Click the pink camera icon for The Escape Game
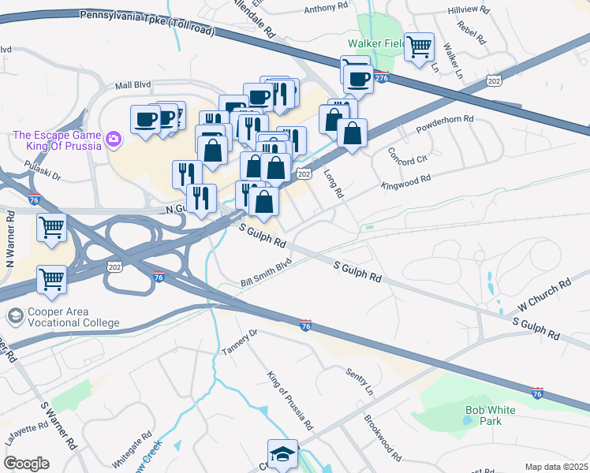tap(114, 140)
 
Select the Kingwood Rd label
tap(405, 179)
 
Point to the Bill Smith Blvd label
tap(267, 273)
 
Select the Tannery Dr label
tap(240, 342)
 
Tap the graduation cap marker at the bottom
tap(282, 453)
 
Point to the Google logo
tap(26, 463)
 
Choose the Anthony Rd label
tap(325, 6)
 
